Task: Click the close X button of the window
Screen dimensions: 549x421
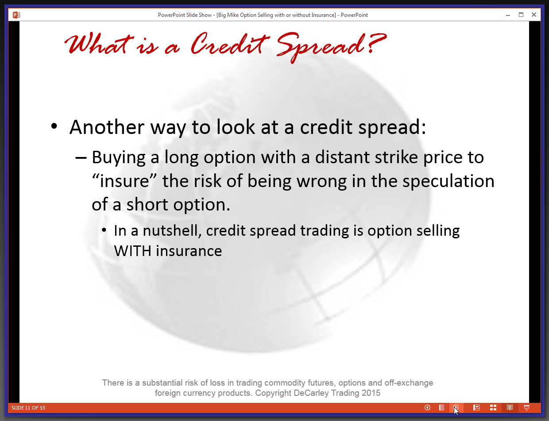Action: [x=534, y=15]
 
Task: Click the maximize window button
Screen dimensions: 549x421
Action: [x=521, y=15]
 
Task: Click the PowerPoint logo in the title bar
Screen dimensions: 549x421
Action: [x=16, y=15]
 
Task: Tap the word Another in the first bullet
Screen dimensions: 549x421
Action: [x=107, y=127]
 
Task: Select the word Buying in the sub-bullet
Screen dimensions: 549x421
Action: [x=119, y=158]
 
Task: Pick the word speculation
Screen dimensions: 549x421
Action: [x=448, y=182]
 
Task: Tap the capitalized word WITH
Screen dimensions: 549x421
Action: [x=133, y=251]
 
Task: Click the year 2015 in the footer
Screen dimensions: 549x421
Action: [x=371, y=393]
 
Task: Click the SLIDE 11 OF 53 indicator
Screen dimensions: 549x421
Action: [x=28, y=408]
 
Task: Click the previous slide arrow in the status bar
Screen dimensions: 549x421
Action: [x=427, y=408]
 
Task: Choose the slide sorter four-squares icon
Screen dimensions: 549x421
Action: [x=493, y=408]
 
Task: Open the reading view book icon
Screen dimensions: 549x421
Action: [x=510, y=408]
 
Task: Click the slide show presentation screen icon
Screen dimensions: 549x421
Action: [x=526, y=408]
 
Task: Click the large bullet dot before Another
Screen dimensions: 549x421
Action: [x=54, y=126]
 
